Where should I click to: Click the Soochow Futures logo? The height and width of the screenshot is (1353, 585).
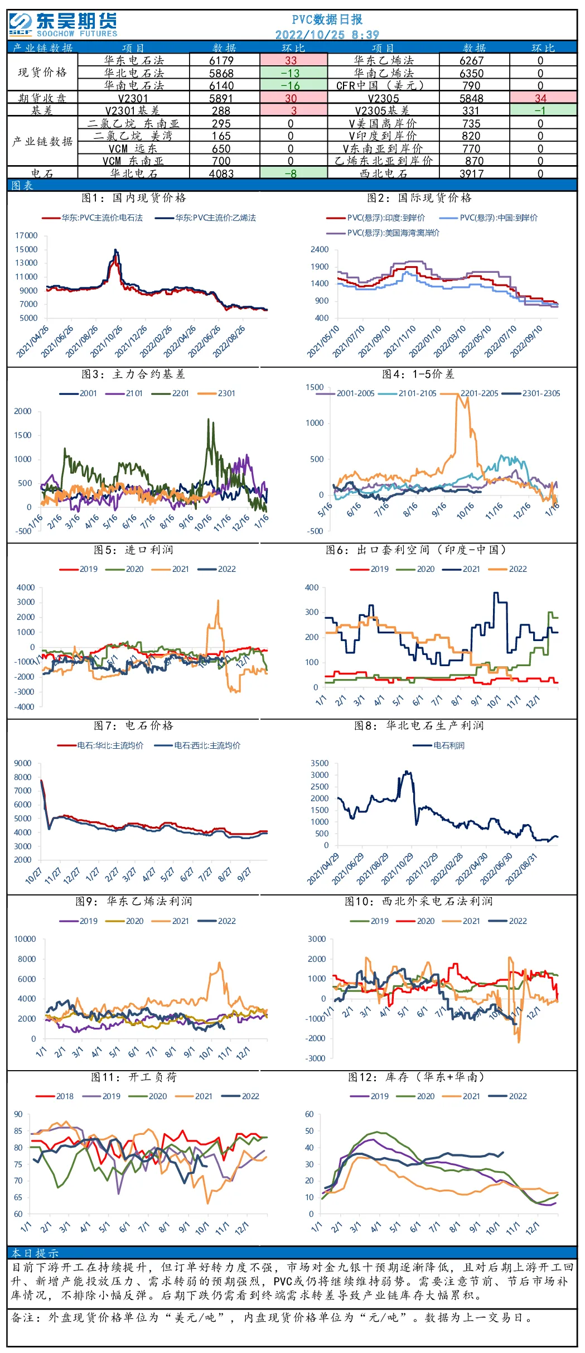pyautogui.click(x=63, y=25)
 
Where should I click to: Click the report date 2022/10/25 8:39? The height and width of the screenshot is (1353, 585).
pyautogui.click(x=327, y=35)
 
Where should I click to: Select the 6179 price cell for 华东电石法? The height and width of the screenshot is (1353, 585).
pyautogui.click(x=221, y=60)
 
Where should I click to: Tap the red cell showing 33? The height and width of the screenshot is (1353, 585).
pyautogui.click(x=291, y=60)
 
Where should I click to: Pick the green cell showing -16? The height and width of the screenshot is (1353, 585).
pyautogui.click(x=291, y=85)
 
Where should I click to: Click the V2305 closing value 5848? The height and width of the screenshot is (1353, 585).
pyautogui.click(x=471, y=98)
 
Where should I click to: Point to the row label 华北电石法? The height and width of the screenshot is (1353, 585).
pyautogui.click(x=134, y=73)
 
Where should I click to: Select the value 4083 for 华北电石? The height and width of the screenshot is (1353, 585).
pyautogui.click(x=221, y=174)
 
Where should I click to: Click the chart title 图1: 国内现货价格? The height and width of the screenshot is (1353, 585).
pyautogui.click(x=134, y=198)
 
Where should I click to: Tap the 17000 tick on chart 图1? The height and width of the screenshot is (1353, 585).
pyautogui.click(x=26, y=235)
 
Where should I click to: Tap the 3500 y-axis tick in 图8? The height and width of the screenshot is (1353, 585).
pyautogui.click(x=320, y=763)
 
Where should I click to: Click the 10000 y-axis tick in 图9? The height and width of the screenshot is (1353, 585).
pyautogui.click(x=25, y=939)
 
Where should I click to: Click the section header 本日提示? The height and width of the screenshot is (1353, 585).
pyautogui.click(x=35, y=1253)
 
